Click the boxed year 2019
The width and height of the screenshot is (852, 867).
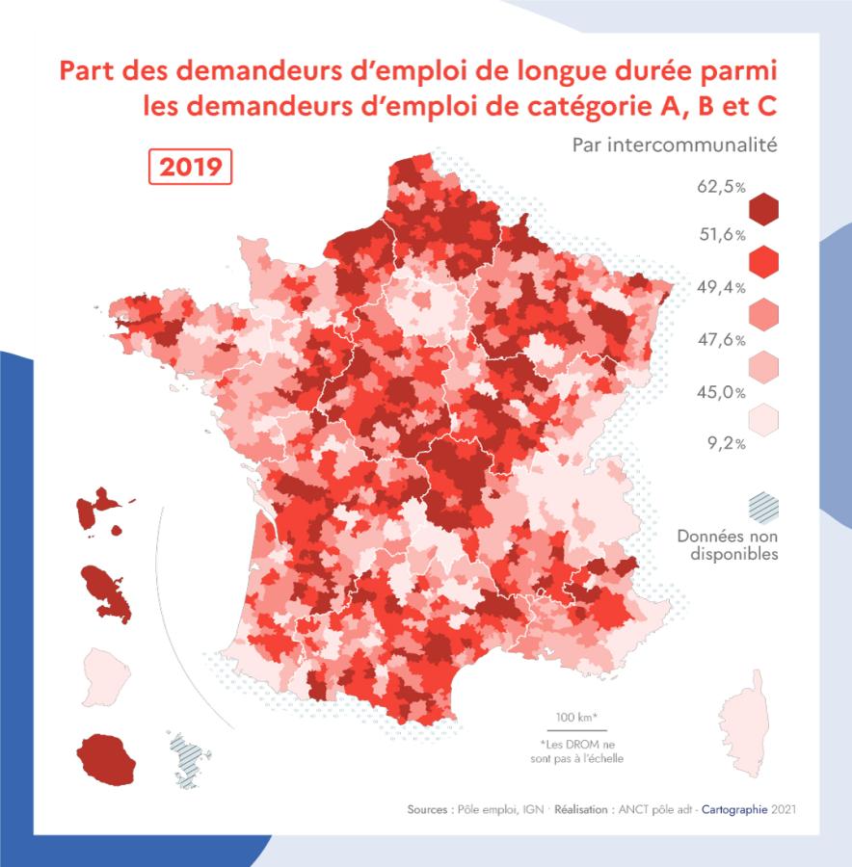191,167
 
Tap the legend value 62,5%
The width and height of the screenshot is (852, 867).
721,186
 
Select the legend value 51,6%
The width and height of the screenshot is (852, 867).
721,235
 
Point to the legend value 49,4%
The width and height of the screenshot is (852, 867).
721,287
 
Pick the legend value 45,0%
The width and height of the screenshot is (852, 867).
721,392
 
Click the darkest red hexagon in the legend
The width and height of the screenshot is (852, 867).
763,209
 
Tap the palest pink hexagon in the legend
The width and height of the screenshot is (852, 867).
763,418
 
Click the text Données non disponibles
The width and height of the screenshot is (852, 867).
727,544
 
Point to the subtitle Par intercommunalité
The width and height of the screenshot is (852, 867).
675,145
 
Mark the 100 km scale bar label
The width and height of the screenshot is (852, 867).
576,717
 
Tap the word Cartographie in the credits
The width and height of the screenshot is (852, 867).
733,810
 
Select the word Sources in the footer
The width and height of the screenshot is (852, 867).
427,810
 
